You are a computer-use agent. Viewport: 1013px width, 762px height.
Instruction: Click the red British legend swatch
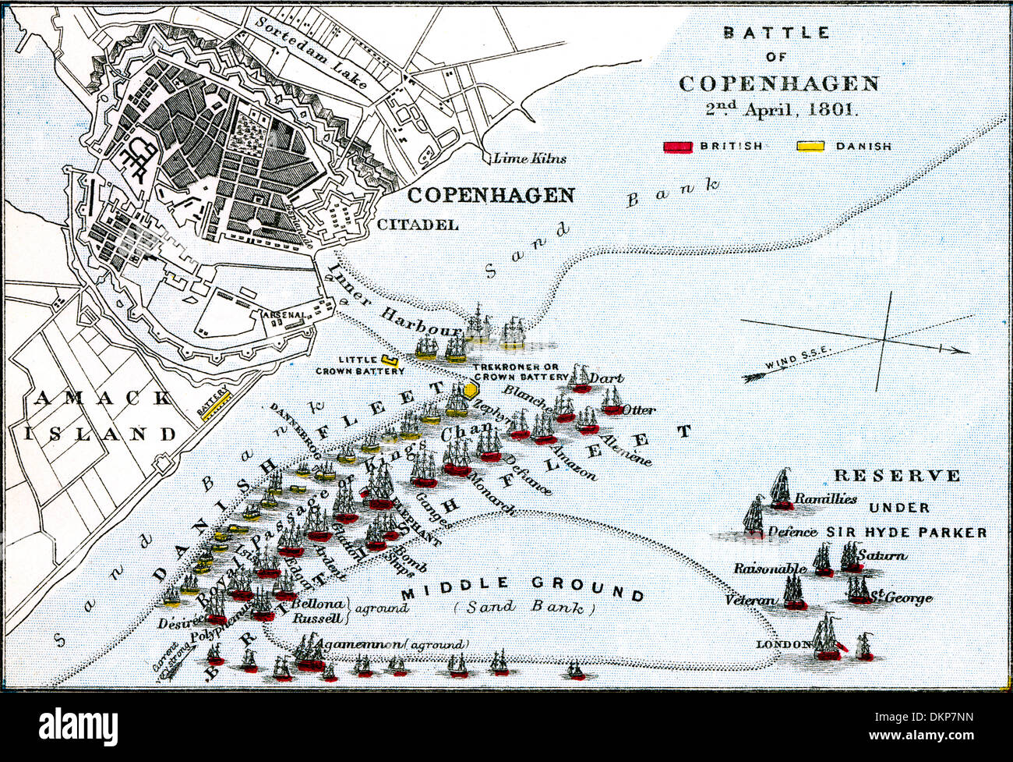pos(678,147)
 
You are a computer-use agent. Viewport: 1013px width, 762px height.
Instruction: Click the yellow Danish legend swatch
pos(811,147)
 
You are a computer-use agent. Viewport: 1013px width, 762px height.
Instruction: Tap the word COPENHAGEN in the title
pos(778,83)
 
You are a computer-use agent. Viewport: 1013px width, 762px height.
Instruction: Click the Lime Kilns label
pos(529,158)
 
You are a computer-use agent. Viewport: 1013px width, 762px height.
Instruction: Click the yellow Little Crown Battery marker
pos(390,361)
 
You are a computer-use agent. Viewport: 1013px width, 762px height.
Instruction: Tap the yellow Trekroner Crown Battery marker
pos(471,389)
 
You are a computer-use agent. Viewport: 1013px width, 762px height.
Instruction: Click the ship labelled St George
pos(859,590)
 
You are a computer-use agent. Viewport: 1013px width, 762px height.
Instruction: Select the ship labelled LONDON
pos(826,638)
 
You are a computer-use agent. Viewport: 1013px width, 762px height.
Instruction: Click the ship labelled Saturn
pos(849,558)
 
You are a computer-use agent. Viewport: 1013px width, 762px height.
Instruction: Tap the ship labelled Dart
pos(579,379)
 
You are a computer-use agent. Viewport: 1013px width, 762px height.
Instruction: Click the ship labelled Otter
pos(612,402)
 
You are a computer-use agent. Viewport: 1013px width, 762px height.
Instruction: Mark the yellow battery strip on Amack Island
pos(216,406)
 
